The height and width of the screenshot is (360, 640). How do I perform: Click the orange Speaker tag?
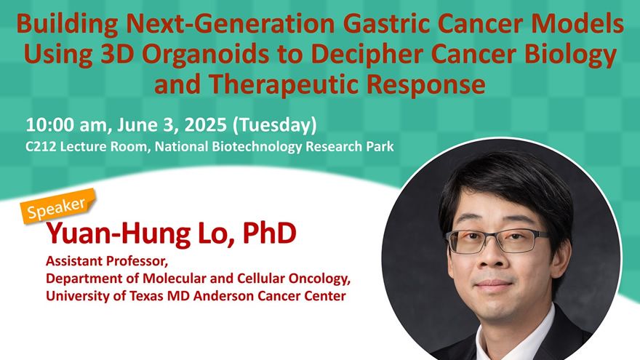tap(57, 206)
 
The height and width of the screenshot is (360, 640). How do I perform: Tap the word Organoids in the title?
tap(205, 54)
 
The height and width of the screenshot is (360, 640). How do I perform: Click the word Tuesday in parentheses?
tap(274, 125)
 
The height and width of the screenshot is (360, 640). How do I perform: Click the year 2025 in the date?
tap(205, 124)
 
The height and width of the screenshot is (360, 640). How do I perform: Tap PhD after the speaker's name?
tap(269, 233)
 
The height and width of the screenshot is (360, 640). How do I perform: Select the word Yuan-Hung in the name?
tap(119, 234)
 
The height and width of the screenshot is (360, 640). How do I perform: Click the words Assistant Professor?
tap(106, 260)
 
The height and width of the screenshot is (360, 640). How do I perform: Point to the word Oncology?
tap(319, 279)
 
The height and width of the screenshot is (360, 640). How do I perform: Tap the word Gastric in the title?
tap(386, 24)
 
